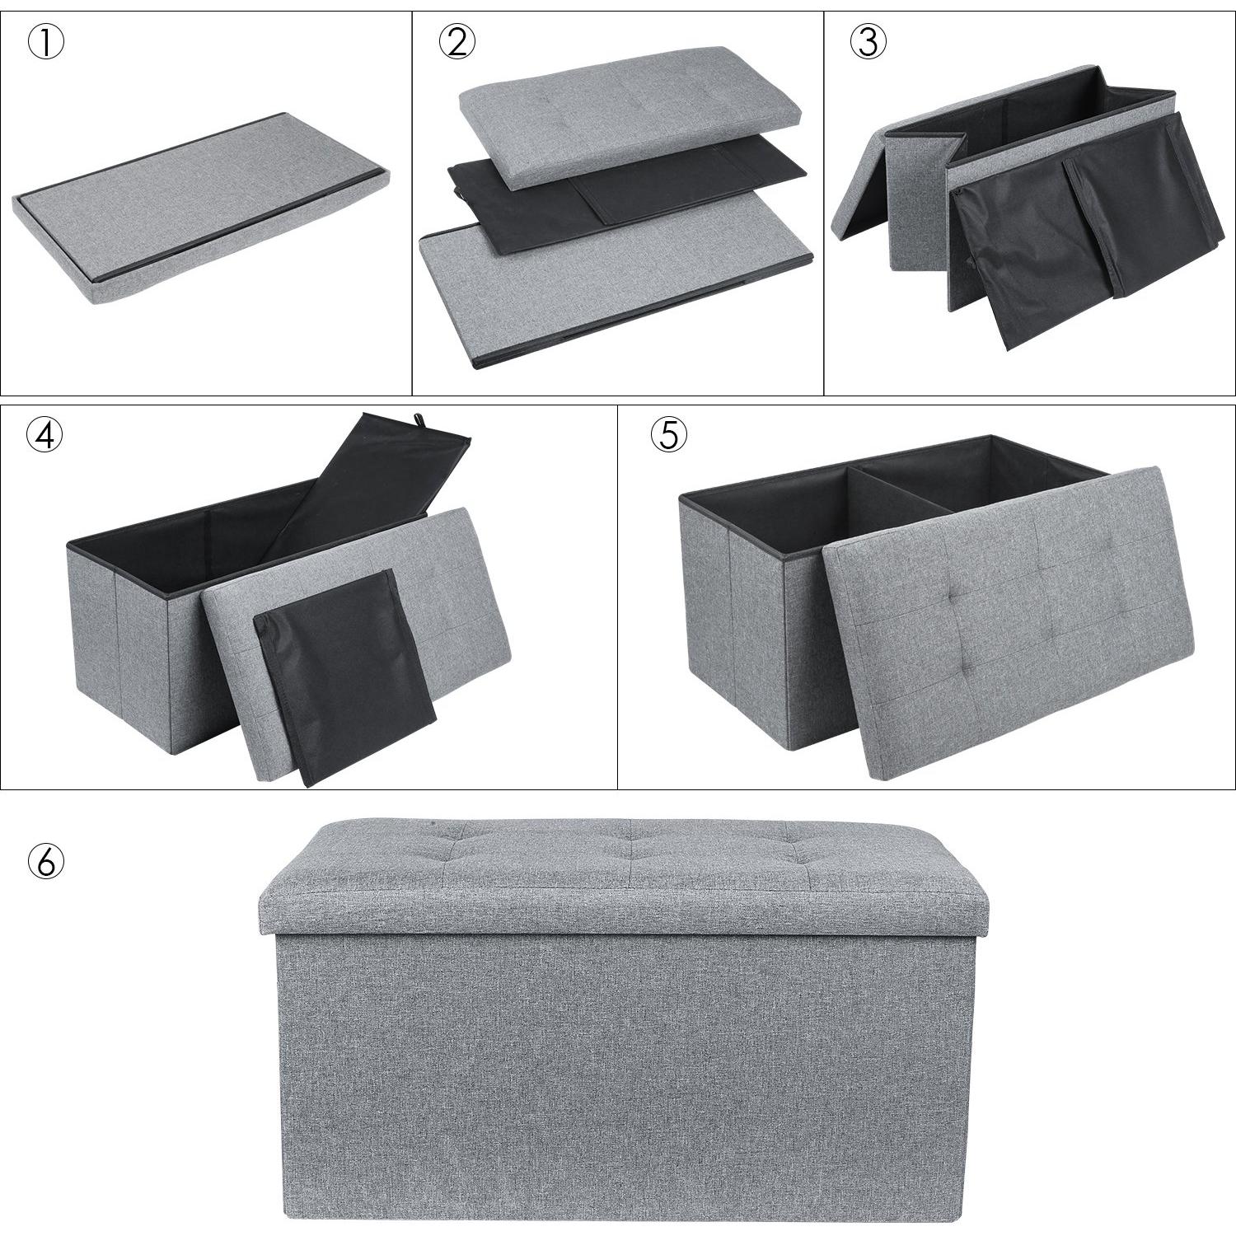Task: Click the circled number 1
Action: pos(46,44)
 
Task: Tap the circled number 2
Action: pos(457,43)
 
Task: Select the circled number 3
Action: pos(868,43)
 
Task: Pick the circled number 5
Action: pos(668,435)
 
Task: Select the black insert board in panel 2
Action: pos(626,198)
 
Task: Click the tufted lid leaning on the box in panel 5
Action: pos(1009,622)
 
